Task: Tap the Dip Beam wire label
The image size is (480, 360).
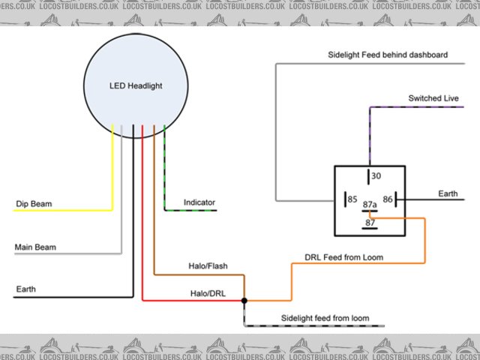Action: pyautogui.click(x=34, y=203)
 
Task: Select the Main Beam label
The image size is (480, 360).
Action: pyautogui.click(x=35, y=247)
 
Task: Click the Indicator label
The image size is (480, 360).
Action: pyautogui.click(x=199, y=202)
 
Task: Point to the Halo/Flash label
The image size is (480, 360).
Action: pyautogui.click(x=208, y=266)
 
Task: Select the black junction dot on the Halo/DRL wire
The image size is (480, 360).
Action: pyautogui.click(x=244, y=301)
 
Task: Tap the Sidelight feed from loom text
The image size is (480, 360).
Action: pyautogui.click(x=325, y=318)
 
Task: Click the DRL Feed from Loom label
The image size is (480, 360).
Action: pyautogui.click(x=344, y=257)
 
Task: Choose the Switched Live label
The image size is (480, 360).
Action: pyautogui.click(x=433, y=98)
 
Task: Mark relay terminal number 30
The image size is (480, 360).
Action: pyautogui.click(x=376, y=176)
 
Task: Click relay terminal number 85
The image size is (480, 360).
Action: pyautogui.click(x=350, y=199)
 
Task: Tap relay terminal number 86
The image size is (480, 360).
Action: pyautogui.click(x=388, y=199)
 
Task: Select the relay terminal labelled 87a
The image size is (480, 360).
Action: pyautogui.click(x=370, y=204)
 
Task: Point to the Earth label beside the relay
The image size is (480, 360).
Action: pyautogui.click(x=448, y=193)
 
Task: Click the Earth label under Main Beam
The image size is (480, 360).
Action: pyautogui.click(x=25, y=289)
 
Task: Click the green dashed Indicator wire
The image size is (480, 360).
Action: pyautogui.click(x=164, y=172)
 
